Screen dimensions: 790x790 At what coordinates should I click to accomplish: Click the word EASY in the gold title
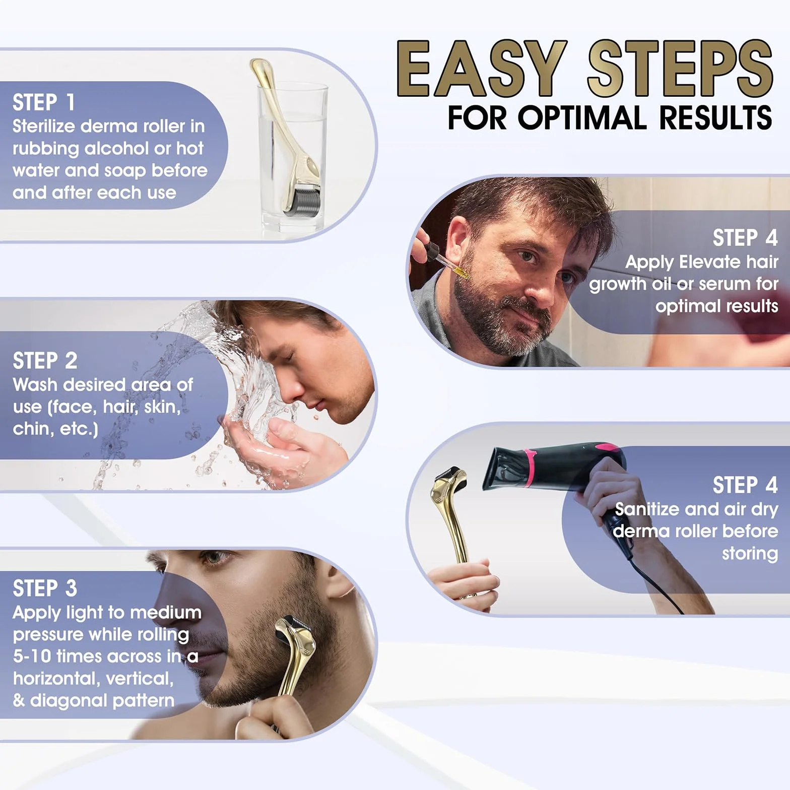(482, 69)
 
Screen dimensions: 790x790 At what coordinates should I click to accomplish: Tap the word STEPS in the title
(680, 69)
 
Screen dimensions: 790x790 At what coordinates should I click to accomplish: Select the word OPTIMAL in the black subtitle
(582, 117)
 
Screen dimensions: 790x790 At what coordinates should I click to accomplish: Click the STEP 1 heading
(44, 102)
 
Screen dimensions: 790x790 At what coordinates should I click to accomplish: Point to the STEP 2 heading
(45, 361)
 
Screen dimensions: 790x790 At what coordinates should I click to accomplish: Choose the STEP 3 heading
(45, 588)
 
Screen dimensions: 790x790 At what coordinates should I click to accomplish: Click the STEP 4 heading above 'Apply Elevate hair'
(745, 238)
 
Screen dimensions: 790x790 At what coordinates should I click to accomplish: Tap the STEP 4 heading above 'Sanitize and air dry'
(745, 485)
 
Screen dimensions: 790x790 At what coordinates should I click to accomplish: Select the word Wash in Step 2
(35, 384)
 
